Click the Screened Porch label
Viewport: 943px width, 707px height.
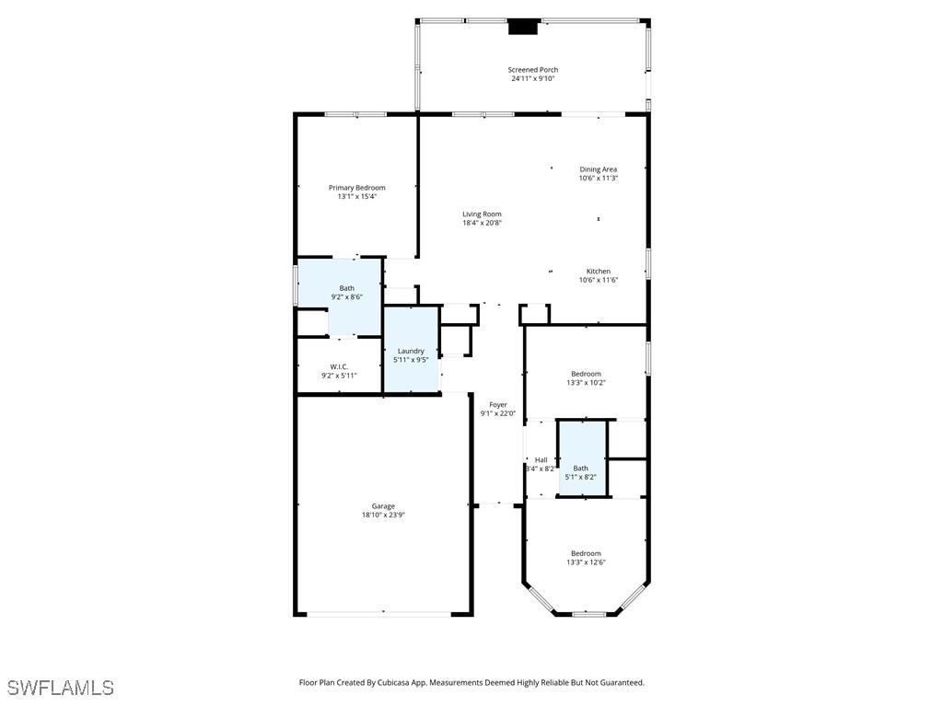[x=532, y=70]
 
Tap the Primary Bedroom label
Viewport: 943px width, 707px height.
[x=356, y=188]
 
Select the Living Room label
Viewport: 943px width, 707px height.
[x=482, y=214]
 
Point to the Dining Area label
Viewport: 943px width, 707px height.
[x=598, y=169]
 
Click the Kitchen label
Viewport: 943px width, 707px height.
[x=599, y=272]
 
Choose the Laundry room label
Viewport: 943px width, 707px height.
[x=411, y=351]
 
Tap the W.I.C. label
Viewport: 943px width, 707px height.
[x=339, y=367]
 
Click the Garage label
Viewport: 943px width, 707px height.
[x=383, y=506]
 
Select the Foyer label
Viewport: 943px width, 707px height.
[x=497, y=405]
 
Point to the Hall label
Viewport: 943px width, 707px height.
[x=541, y=460]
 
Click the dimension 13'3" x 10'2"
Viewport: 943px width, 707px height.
[x=586, y=383]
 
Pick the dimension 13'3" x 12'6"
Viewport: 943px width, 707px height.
[x=586, y=562]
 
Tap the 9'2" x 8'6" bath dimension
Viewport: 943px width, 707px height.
[x=346, y=297]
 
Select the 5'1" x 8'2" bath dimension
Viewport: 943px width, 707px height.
[x=580, y=477]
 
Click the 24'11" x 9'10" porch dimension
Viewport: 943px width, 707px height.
[x=532, y=79]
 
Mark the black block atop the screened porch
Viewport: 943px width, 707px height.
[x=523, y=27]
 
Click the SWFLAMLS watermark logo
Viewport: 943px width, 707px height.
[x=61, y=688]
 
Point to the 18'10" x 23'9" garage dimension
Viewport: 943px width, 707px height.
[x=383, y=516]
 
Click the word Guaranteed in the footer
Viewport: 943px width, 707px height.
[x=620, y=683]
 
